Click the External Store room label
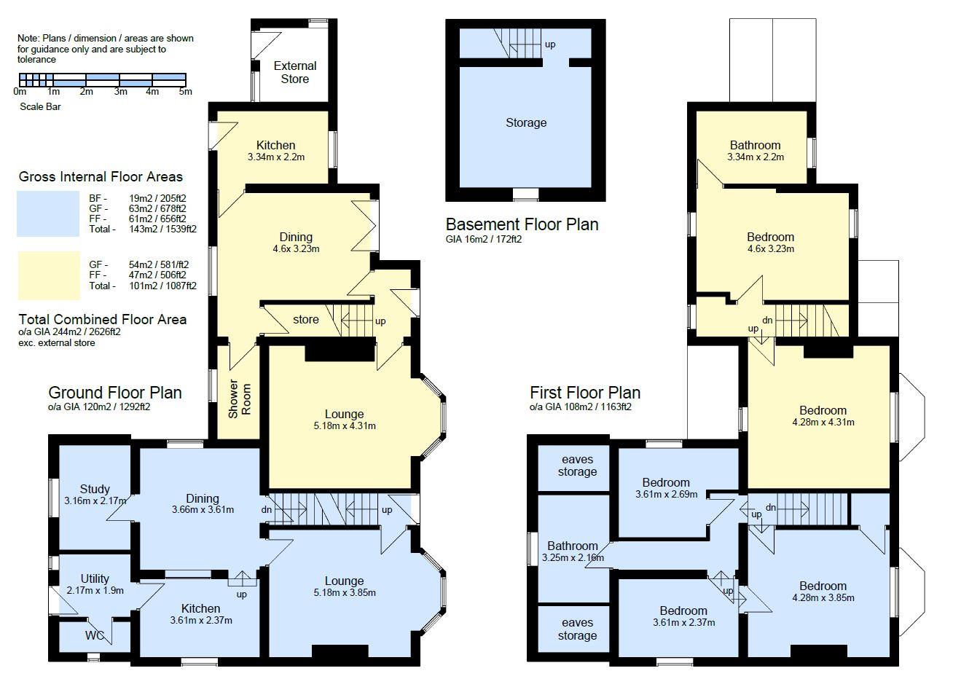click(x=295, y=72)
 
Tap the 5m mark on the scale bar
click(x=186, y=92)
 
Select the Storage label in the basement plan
click(x=525, y=122)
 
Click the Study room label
click(x=95, y=489)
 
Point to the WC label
click(x=95, y=635)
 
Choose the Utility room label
click(x=95, y=579)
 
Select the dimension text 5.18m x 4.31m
click(x=344, y=426)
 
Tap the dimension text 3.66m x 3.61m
click(x=203, y=509)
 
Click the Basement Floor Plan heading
click(x=522, y=224)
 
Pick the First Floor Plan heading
click(x=585, y=393)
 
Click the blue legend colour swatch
click(x=48, y=213)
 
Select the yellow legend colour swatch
click(x=48, y=275)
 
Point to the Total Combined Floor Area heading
click(x=103, y=319)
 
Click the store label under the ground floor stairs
click(x=306, y=319)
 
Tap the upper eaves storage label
click(x=577, y=466)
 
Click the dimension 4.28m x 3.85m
click(x=823, y=597)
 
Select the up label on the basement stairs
click(x=550, y=44)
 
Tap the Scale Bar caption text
click(x=41, y=106)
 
